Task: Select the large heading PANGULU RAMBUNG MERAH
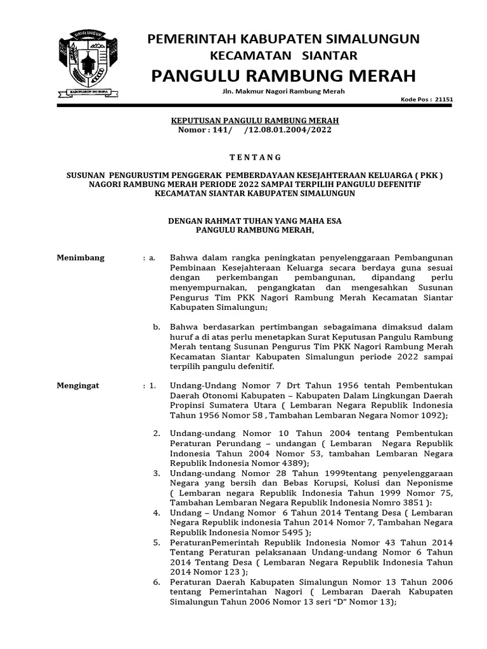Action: tap(283, 76)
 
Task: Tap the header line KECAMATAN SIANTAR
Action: tap(283, 56)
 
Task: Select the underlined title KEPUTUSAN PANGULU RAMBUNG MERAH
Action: tap(247, 120)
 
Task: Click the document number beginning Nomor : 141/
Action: tap(247, 130)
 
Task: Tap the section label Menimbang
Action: tap(81, 258)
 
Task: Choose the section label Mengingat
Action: tap(79, 385)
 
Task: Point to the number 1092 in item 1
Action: tap(432, 415)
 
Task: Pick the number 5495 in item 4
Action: tap(290, 533)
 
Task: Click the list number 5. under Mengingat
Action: tap(156, 543)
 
